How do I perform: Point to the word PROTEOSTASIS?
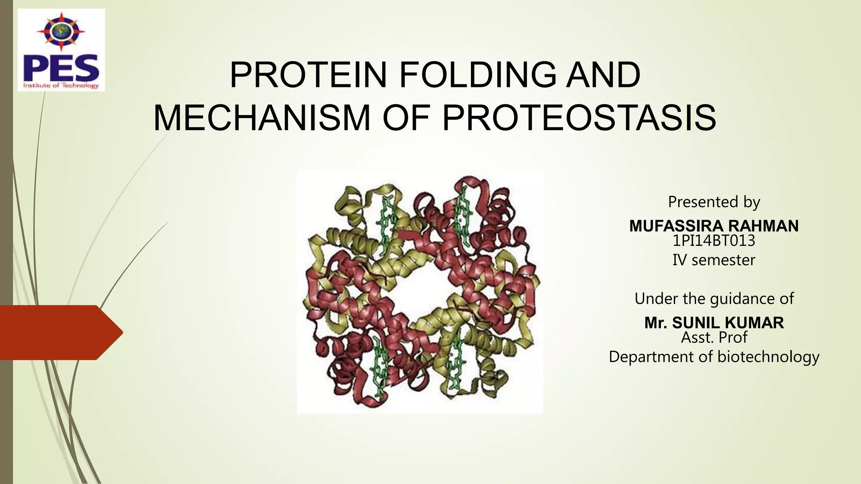pos(579,118)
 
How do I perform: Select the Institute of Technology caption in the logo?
pos(61,85)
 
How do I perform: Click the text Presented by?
pos(714,202)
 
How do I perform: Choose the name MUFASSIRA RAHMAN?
pos(714,226)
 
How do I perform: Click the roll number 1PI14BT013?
pos(714,241)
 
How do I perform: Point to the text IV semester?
pos(714,260)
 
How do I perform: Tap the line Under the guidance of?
pos(714,299)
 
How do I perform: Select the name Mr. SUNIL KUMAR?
pos(714,323)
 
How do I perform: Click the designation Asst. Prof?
pos(714,337)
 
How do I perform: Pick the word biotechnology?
pos(768,357)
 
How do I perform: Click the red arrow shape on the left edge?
pos(59,332)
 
